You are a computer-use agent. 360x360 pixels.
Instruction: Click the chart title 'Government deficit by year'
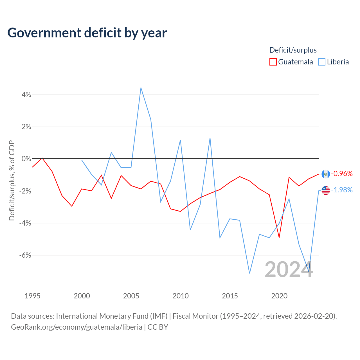[87, 33]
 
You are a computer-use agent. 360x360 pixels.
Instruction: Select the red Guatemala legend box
[273, 62]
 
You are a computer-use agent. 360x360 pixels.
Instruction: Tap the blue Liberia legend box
[321, 62]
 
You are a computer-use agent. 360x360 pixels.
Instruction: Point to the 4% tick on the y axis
[26, 94]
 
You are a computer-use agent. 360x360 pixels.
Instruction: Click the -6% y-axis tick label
[25, 255]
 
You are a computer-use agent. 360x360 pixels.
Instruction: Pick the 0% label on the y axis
[26, 159]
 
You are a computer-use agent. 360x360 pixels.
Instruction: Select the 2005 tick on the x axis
[131, 296]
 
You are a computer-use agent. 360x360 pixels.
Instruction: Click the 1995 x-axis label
[33, 296]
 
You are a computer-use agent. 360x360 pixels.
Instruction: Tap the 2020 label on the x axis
[279, 296]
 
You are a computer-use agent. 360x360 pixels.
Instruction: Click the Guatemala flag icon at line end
[326, 174]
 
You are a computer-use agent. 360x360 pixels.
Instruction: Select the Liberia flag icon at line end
[326, 191]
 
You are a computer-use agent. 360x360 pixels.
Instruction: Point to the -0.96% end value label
[342, 174]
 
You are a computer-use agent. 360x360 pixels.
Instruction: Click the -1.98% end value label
[342, 190]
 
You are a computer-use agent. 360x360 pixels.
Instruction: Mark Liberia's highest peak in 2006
[141, 88]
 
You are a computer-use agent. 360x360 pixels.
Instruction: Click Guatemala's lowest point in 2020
[279, 237]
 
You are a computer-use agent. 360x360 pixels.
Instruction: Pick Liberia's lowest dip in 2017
[249, 273]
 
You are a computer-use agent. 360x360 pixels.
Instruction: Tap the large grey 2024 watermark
[289, 270]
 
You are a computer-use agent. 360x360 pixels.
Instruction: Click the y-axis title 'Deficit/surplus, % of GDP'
[12, 181]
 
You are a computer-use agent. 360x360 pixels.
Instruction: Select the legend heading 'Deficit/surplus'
[293, 50]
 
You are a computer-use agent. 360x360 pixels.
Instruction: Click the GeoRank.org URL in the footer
[76, 327]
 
